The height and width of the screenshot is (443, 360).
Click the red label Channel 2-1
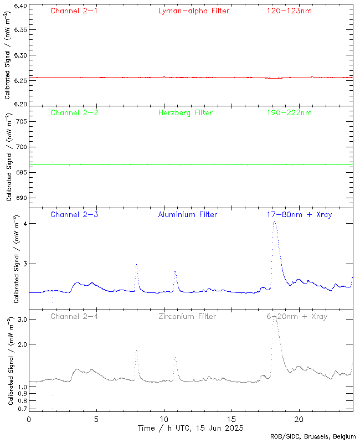pos(74,11)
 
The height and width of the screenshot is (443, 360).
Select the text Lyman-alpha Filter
pos(193,11)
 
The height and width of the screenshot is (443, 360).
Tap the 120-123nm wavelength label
pos(289,11)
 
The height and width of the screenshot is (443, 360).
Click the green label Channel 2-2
pos(74,113)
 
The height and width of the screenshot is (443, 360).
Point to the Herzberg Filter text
pos(185,113)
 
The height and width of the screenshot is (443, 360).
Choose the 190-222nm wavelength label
pos(289,113)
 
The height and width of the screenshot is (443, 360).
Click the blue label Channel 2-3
pos(74,214)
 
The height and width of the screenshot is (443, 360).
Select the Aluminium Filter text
pos(187,214)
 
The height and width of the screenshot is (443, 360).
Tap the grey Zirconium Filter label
pos(187,317)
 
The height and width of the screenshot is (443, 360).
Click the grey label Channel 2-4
pos(74,317)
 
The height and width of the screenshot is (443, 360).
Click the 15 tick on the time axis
pos(232,419)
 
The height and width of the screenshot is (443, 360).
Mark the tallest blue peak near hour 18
pos(275,222)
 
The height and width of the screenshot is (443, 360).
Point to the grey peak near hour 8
pos(136,351)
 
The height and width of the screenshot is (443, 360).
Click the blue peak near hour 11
pos(175,271)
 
